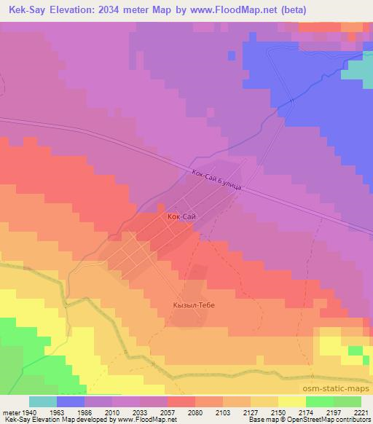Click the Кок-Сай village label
(x=180, y=216)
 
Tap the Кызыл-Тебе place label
(x=193, y=305)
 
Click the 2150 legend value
(x=278, y=412)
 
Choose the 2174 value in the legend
(x=305, y=412)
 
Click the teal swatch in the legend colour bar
(x=43, y=401)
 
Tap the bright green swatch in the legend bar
(x=319, y=401)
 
